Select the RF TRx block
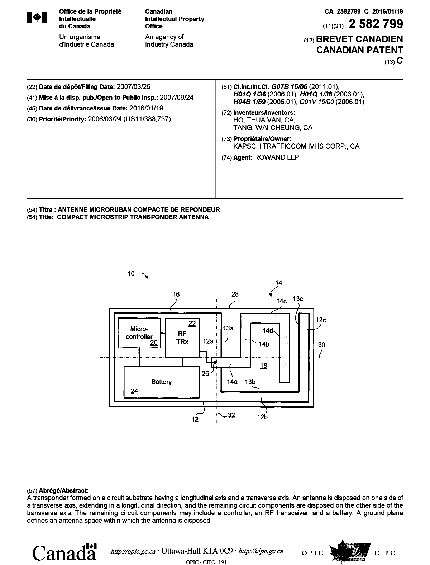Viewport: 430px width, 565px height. (182, 338)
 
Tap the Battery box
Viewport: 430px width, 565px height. (161, 382)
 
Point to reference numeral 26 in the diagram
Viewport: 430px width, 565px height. (205, 373)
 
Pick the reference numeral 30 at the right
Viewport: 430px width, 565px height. (321, 345)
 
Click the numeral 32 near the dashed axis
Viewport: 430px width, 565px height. (231, 415)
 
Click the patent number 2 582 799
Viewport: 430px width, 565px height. (376, 24)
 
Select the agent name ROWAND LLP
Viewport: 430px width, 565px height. (276, 157)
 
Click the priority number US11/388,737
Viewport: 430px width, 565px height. (147, 119)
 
